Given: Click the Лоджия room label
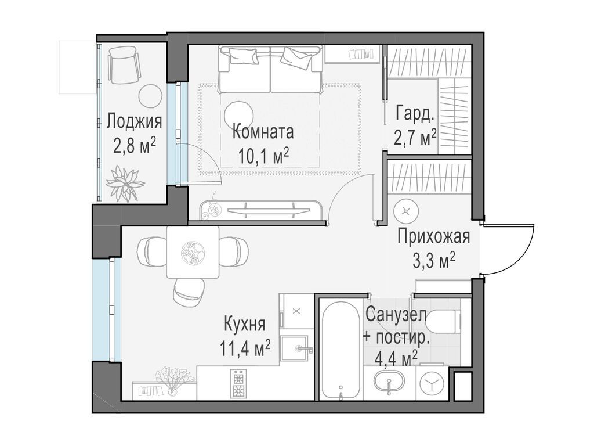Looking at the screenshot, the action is click(x=135, y=121).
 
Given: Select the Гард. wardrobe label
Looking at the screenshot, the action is click(x=414, y=114).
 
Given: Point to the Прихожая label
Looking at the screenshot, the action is click(x=434, y=237).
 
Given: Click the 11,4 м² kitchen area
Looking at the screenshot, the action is click(x=246, y=348).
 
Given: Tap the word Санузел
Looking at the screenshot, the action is click(x=396, y=315).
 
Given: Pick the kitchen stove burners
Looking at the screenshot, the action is click(x=238, y=383).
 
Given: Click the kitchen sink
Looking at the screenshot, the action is click(x=296, y=348).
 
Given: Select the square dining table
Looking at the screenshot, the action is click(x=193, y=252).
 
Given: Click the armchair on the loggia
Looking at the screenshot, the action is click(x=124, y=67).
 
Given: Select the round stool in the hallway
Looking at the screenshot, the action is click(x=406, y=211).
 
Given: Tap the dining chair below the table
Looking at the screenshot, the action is click(x=189, y=292).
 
